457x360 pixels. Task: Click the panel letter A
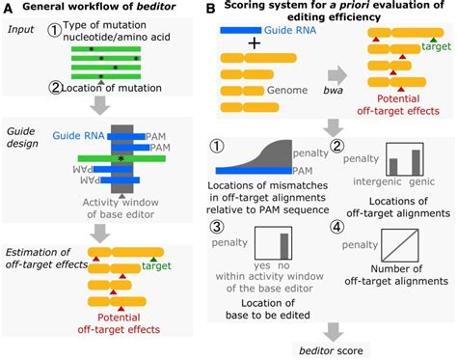(x=8, y=8)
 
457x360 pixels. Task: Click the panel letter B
(x=210, y=8)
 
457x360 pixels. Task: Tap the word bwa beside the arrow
(x=334, y=91)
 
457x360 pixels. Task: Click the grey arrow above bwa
(x=337, y=75)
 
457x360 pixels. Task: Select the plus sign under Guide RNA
(x=255, y=43)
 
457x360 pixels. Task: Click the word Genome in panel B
(x=287, y=90)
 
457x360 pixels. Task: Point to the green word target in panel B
(x=436, y=46)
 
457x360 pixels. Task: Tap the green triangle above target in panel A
(x=153, y=260)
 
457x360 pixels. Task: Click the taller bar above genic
(x=416, y=162)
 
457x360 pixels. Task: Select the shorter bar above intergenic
(x=393, y=166)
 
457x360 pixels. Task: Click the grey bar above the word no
(x=284, y=246)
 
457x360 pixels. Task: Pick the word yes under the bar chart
(x=262, y=265)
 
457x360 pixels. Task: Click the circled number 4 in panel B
(x=337, y=227)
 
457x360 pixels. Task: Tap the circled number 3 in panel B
(x=217, y=227)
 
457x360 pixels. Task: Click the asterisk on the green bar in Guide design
(x=121, y=158)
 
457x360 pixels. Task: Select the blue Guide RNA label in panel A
(x=78, y=135)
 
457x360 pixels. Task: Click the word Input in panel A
(x=20, y=29)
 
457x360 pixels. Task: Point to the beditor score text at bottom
(x=331, y=350)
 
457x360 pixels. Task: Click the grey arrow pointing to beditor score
(x=333, y=332)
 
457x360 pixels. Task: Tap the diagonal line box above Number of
(x=400, y=245)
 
